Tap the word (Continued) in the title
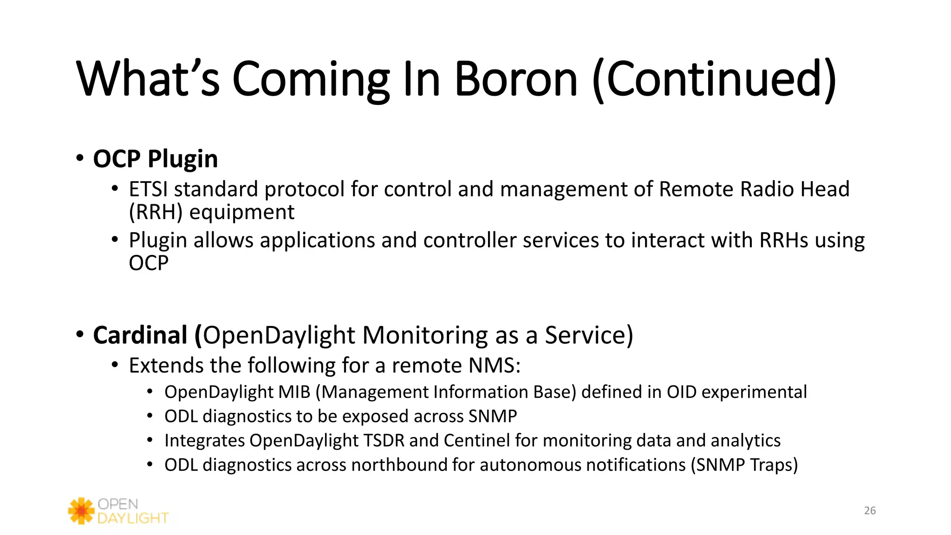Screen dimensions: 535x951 [x=714, y=80]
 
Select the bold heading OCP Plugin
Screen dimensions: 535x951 [x=155, y=159]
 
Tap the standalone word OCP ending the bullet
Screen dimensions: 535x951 [x=149, y=263]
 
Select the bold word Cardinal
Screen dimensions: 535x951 [x=140, y=335]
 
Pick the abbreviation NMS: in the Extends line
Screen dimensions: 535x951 [x=495, y=365]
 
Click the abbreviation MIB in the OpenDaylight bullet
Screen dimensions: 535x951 [x=294, y=392]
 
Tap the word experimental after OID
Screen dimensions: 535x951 [x=754, y=392]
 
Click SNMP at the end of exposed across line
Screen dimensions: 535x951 [x=492, y=416]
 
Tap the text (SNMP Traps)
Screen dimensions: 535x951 [x=744, y=465]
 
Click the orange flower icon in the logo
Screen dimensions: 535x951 [x=81, y=511]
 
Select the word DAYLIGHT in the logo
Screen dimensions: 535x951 [x=133, y=518]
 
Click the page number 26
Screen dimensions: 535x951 [x=870, y=510]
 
